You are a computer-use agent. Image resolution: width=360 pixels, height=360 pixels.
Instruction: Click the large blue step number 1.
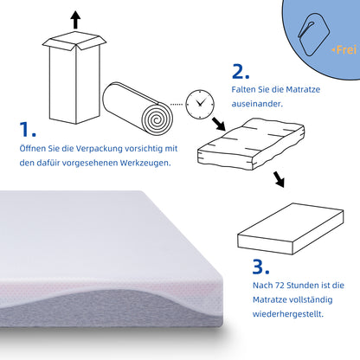click(27, 131)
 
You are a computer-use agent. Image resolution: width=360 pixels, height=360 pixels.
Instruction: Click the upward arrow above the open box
click(75, 19)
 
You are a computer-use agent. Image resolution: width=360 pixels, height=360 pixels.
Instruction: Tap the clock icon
click(201, 102)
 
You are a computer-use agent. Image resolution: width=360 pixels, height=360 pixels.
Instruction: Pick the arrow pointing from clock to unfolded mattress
click(218, 125)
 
